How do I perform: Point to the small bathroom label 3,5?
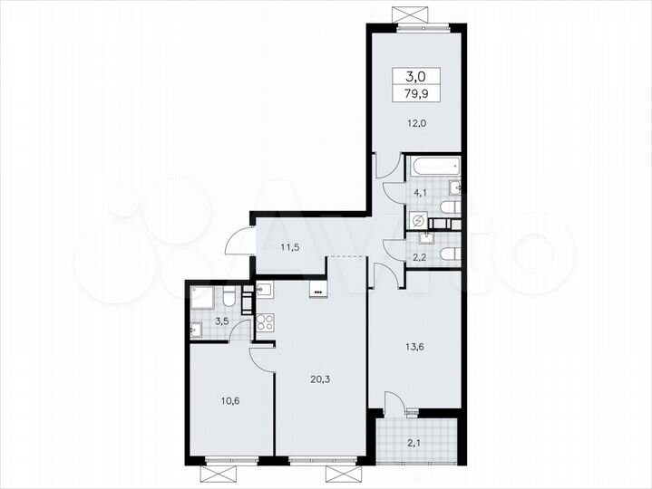[x=221, y=321]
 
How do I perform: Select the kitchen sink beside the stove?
[x=265, y=291]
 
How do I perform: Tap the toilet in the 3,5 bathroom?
[x=230, y=296]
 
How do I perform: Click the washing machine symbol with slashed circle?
[x=419, y=221]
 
